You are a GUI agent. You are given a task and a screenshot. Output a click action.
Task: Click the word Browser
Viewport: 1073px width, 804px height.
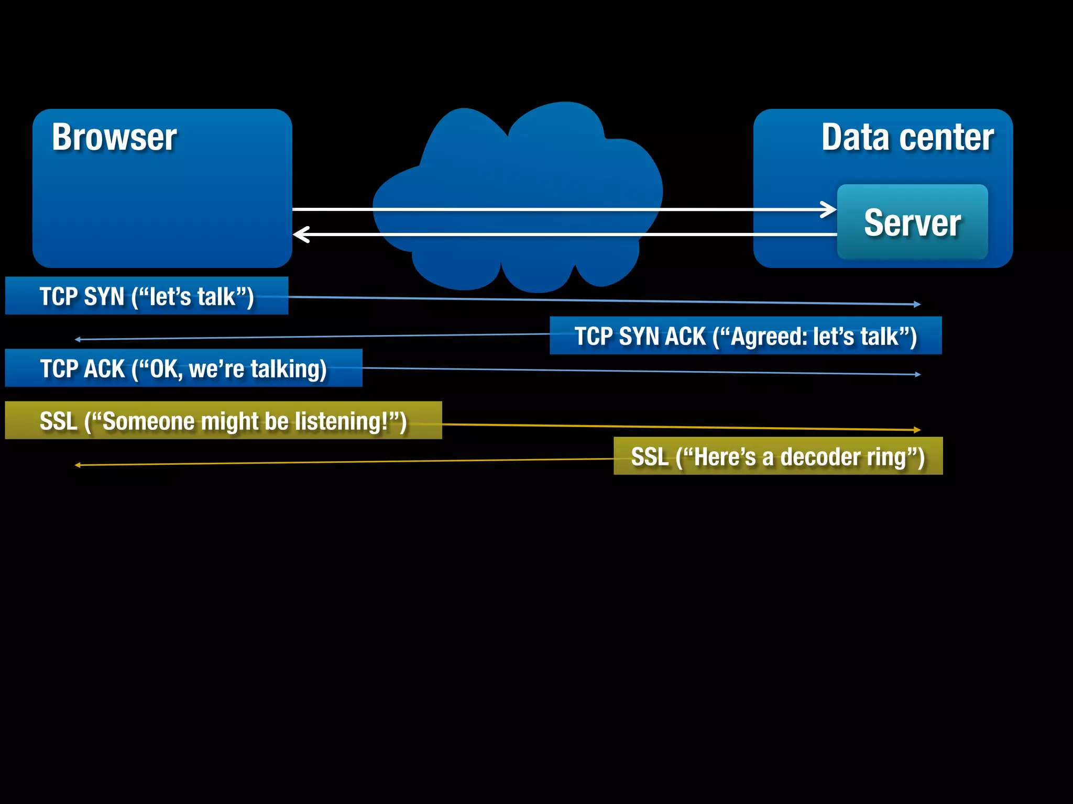click(x=114, y=138)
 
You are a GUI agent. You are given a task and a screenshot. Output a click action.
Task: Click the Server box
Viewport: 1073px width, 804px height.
click(x=912, y=222)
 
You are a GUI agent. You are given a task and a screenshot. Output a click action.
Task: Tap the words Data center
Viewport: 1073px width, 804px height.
click(x=907, y=138)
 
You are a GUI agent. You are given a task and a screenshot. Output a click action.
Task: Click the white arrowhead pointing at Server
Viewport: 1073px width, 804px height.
click(x=830, y=209)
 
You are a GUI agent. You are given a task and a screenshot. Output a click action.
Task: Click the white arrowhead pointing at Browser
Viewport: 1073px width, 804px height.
click(x=300, y=234)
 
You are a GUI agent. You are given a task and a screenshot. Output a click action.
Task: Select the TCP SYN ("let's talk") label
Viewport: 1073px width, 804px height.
click(x=147, y=296)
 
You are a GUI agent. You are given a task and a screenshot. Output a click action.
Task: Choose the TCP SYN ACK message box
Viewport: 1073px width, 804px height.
click(x=745, y=336)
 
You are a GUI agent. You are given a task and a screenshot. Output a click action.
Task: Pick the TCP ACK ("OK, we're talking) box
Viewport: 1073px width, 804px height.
click(x=183, y=368)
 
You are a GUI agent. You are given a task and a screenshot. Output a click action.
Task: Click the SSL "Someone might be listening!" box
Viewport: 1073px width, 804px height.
click(x=223, y=421)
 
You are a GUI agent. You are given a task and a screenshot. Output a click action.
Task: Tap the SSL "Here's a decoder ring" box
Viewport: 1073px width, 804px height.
click(x=778, y=456)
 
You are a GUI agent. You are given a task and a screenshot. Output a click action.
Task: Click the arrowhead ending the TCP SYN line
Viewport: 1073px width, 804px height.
click(x=917, y=304)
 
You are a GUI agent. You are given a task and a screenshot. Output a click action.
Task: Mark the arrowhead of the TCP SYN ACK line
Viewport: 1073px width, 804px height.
click(x=78, y=340)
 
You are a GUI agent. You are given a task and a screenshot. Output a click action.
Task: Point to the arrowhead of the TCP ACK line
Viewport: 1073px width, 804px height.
click(x=917, y=374)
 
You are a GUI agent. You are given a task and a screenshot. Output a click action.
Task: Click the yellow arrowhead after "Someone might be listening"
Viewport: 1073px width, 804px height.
click(x=917, y=430)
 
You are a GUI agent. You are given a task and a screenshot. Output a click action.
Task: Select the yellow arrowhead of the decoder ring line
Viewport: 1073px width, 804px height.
click(x=78, y=465)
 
